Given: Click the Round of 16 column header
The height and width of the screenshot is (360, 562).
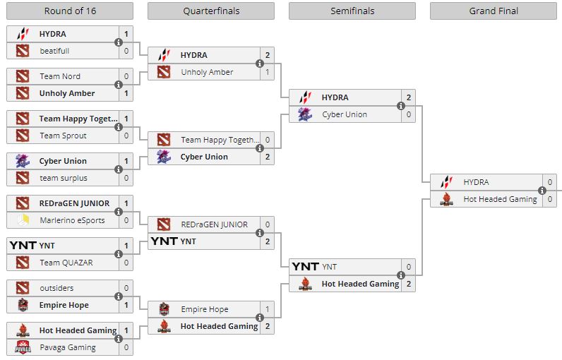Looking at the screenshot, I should (x=69, y=11).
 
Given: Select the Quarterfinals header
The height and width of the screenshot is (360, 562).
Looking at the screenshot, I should (x=210, y=11).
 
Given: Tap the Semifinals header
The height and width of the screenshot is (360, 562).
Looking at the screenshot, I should (x=352, y=11).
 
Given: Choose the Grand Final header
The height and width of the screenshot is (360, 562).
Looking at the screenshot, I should (x=494, y=11).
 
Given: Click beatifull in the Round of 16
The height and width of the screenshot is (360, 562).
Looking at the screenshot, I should (x=54, y=51).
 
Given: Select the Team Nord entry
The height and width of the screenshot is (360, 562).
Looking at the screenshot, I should (x=60, y=76).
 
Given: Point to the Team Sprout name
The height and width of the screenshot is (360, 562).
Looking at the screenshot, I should (x=63, y=136).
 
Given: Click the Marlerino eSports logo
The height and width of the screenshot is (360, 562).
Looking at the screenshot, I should (x=23, y=220).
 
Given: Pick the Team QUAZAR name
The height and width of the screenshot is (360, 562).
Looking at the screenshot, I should (x=66, y=263).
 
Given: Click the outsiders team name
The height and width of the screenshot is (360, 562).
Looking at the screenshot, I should (x=56, y=288).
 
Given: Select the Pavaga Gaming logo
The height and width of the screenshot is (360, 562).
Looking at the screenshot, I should (x=23, y=347).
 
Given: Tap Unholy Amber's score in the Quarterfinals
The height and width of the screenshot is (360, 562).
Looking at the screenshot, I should (x=267, y=72).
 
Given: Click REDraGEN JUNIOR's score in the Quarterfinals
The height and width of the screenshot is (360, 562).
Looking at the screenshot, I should (x=267, y=224).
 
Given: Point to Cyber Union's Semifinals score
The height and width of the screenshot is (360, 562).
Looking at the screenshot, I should (x=408, y=114).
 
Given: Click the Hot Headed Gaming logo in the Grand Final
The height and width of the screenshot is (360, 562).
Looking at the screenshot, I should (x=446, y=199).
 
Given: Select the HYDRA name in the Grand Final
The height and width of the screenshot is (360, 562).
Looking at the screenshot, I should (x=476, y=182).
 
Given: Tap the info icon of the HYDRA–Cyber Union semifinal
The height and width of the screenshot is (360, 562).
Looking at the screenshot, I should (x=400, y=106).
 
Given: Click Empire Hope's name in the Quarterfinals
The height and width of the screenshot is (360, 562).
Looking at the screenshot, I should (x=204, y=309).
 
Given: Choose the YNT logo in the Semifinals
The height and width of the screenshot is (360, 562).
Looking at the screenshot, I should (x=305, y=267).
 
